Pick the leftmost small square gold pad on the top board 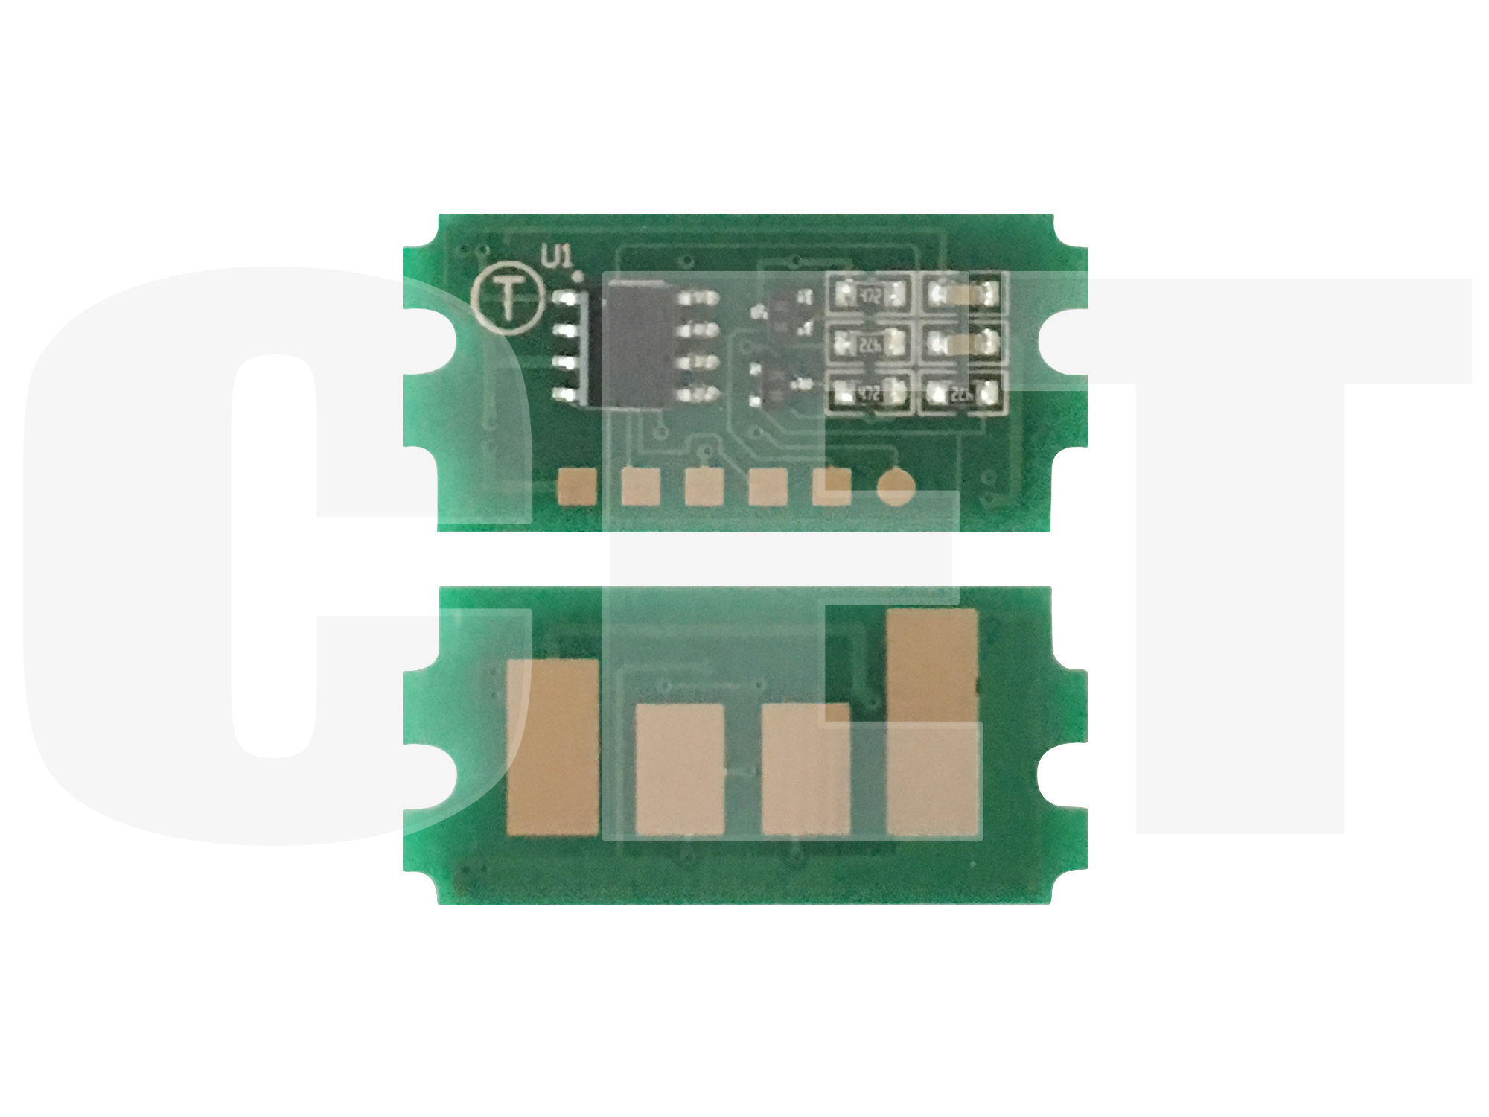click(x=576, y=487)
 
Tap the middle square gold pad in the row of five click(x=704, y=487)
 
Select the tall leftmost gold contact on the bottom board click(x=552, y=747)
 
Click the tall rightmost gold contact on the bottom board click(x=932, y=722)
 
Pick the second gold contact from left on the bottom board click(x=679, y=769)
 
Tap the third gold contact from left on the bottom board click(x=806, y=769)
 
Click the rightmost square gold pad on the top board click(x=832, y=487)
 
